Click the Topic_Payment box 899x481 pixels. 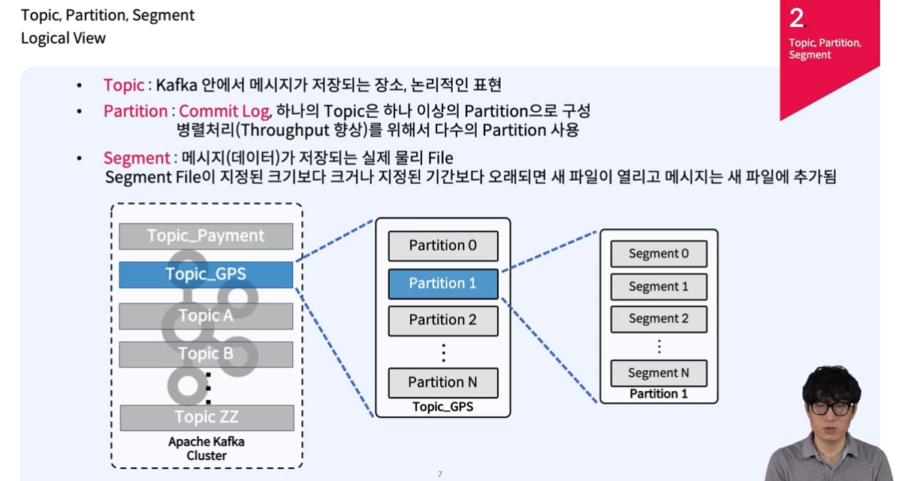[x=206, y=236]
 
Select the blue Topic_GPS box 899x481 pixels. [x=206, y=275]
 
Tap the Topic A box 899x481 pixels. [x=206, y=316]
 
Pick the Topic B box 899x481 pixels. [x=206, y=353]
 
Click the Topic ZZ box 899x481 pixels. [x=207, y=417]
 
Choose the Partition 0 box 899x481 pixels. [x=442, y=245]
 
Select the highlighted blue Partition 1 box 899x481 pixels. [x=442, y=284]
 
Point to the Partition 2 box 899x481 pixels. [x=442, y=320]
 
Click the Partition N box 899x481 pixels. [x=442, y=383]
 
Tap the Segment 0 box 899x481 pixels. [x=658, y=254]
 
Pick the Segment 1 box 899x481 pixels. [x=658, y=287]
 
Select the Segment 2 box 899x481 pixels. [x=658, y=319]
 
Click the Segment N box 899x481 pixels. [x=658, y=373]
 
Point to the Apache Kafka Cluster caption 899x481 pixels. [x=207, y=448]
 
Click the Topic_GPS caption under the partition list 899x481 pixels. [x=442, y=407]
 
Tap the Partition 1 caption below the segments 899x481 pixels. [x=658, y=394]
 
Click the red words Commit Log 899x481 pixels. [x=224, y=111]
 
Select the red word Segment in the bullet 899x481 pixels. [x=136, y=158]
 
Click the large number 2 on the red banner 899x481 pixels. [x=797, y=19]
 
